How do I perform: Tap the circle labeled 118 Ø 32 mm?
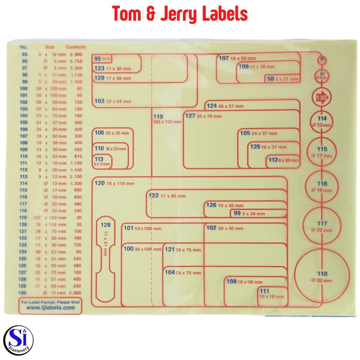click(322, 276)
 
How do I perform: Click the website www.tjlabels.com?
click(50, 307)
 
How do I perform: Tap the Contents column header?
click(76, 47)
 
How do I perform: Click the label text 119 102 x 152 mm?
click(167, 119)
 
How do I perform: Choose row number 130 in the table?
click(24, 293)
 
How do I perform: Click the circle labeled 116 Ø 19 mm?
click(321, 186)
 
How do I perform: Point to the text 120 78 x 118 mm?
click(115, 183)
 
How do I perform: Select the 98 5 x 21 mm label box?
click(283, 79)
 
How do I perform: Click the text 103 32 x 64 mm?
click(112, 101)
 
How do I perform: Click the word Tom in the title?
click(129, 14)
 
